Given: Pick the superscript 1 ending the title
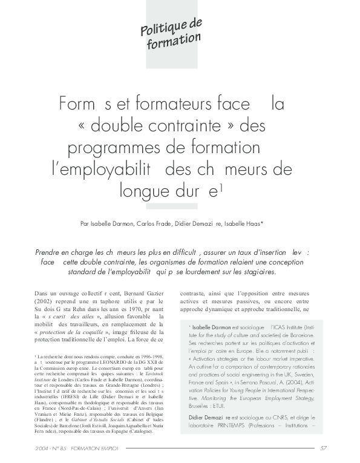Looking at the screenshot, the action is tap(222, 186).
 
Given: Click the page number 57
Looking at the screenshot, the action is tap(324, 448).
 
